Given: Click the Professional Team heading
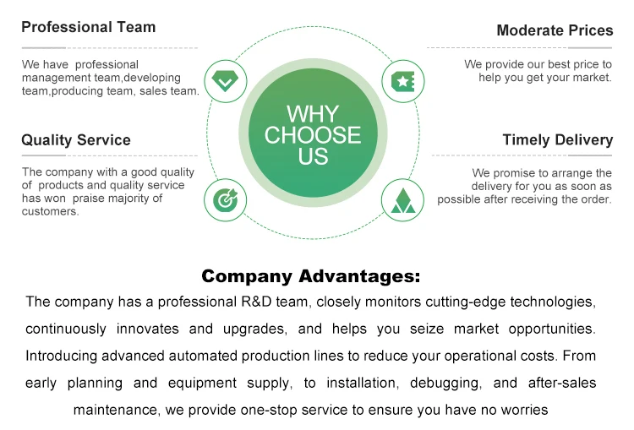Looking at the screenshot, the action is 89,27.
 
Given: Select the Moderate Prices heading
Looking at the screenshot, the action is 555,30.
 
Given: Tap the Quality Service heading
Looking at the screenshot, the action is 76,140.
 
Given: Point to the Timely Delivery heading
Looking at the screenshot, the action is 558,140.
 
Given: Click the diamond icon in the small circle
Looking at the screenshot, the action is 225,81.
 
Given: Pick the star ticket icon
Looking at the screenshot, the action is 402,82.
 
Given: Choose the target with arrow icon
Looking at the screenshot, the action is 225,199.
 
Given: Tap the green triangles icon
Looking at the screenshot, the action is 402,200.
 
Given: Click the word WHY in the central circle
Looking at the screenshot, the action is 313,114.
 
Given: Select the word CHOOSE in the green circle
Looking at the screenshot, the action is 313,135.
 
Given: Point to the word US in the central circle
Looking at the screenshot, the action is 313,156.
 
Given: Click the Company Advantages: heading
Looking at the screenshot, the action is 311,276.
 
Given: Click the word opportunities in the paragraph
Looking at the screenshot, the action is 552,329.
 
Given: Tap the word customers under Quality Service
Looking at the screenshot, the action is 50,211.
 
